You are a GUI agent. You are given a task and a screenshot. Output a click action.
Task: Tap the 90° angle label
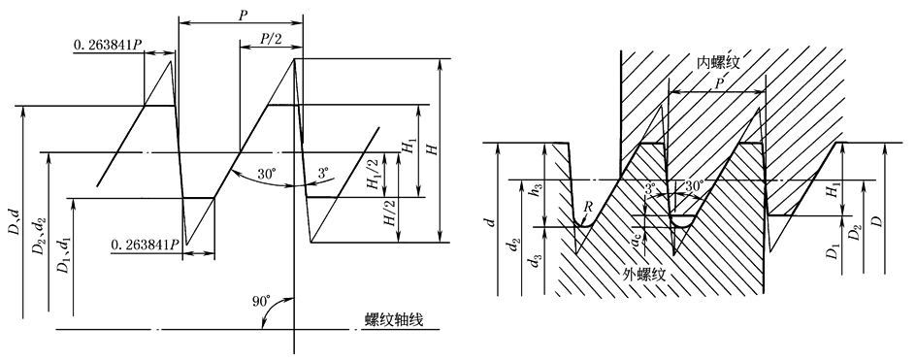pyautogui.click(x=261, y=302)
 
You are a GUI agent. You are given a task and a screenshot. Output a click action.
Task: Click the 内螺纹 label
pyautogui.click(x=719, y=62)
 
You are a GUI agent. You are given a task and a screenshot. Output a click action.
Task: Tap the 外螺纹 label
pyautogui.click(x=645, y=275)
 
